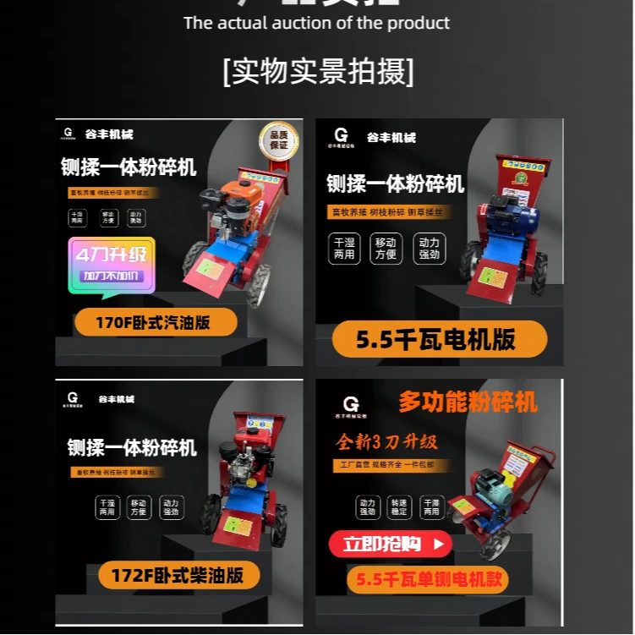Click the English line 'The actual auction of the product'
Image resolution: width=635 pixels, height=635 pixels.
click(x=317, y=23)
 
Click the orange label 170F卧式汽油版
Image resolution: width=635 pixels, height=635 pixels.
click(x=154, y=322)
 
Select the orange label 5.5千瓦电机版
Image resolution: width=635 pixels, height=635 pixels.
click(x=435, y=340)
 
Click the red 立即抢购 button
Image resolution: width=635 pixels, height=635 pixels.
click(x=390, y=545)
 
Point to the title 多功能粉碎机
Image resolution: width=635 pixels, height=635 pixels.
click(x=468, y=402)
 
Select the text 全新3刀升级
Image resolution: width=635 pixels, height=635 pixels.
click(x=386, y=442)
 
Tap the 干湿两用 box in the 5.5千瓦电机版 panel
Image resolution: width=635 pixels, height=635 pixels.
click(x=344, y=248)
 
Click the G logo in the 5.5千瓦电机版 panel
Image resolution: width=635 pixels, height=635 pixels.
click(x=341, y=134)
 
